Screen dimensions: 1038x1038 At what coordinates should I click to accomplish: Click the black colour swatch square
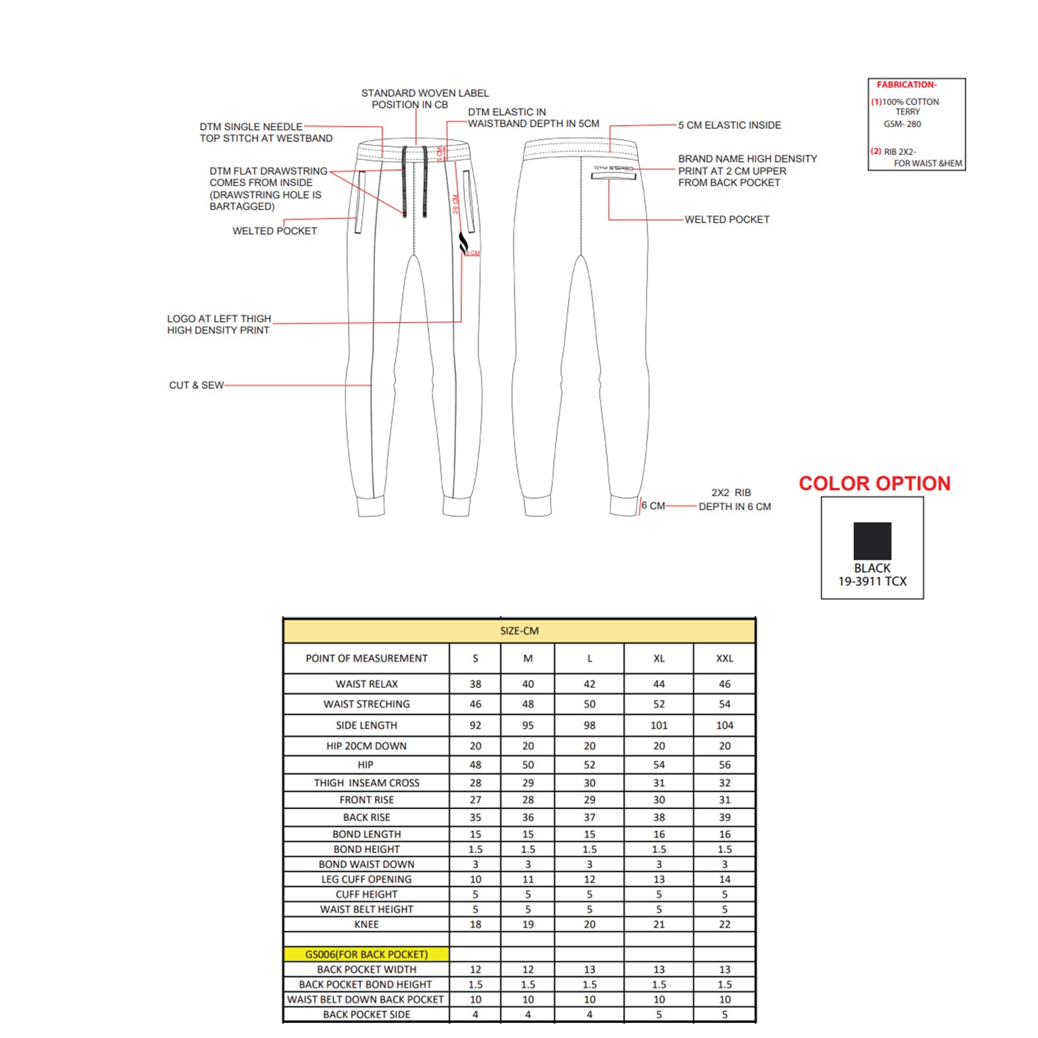pos(872,540)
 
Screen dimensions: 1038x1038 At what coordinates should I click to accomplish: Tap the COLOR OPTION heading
pos(875,484)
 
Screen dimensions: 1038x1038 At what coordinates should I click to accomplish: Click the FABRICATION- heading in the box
pos(907,85)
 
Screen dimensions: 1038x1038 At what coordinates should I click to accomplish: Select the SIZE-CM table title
pos(519,631)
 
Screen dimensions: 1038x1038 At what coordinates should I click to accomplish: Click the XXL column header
pos(725,659)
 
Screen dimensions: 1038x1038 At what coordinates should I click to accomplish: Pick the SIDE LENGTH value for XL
pos(659,725)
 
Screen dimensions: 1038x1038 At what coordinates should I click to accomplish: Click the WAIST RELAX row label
pos(367,684)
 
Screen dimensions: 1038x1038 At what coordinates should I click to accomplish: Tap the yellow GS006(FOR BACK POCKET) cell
pos(367,954)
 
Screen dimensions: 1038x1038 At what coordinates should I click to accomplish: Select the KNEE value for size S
pos(475,925)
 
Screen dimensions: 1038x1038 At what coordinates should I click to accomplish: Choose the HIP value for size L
pos(590,765)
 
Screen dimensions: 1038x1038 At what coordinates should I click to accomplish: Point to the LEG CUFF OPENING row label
pos(366,880)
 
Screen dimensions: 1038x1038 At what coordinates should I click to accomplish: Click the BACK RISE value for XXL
pos(725,817)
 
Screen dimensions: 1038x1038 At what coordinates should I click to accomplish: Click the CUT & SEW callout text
pos(197,385)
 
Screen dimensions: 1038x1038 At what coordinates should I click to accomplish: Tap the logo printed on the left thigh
pos(464,243)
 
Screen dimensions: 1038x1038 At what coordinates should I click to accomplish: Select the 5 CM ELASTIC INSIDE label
pos(729,125)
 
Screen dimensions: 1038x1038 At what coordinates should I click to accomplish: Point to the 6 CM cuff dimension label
pos(653,506)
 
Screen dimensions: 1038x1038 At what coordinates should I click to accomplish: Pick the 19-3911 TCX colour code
pos(872,582)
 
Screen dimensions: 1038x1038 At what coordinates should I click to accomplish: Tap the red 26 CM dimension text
pos(456,204)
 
